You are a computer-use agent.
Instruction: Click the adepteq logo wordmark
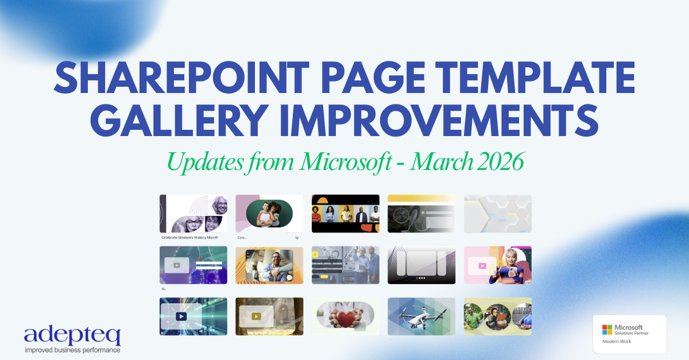tap(72, 336)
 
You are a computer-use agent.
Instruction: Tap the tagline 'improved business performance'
tap(72, 349)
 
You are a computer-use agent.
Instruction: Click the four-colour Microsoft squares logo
tap(607, 329)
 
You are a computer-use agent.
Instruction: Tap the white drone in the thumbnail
tap(421, 318)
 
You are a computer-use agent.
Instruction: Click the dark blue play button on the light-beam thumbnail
tap(181, 316)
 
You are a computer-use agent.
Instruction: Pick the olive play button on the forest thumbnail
tap(257, 316)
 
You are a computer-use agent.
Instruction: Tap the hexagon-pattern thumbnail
tap(497, 214)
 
